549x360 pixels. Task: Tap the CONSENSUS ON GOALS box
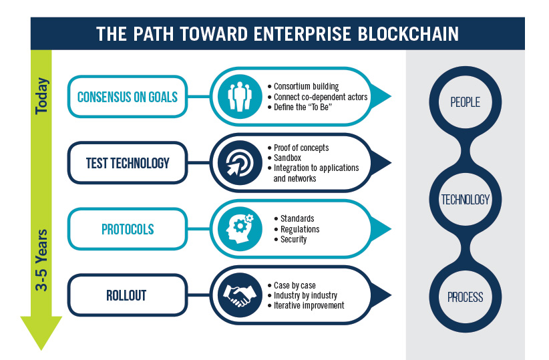coord(128,97)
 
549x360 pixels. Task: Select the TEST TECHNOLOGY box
coord(128,163)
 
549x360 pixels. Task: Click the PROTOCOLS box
coord(128,229)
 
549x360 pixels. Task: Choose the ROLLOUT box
coord(128,295)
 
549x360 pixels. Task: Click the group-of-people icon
coord(240,97)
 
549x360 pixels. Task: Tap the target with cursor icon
coord(240,163)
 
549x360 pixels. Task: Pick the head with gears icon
coord(240,229)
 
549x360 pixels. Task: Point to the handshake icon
coord(240,295)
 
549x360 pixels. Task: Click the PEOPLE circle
coord(466,102)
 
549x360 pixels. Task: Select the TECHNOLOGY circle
coord(466,200)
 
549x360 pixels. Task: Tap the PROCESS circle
coord(466,297)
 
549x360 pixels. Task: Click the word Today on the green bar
coord(41,96)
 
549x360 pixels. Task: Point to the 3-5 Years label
coord(41,260)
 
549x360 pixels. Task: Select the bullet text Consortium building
coord(307,86)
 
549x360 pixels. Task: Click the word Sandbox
coord(287,158)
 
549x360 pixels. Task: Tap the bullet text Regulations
coord(300,229)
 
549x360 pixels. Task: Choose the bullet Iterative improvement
coord(309,305)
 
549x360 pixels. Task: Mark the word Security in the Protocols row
coord(293,239)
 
